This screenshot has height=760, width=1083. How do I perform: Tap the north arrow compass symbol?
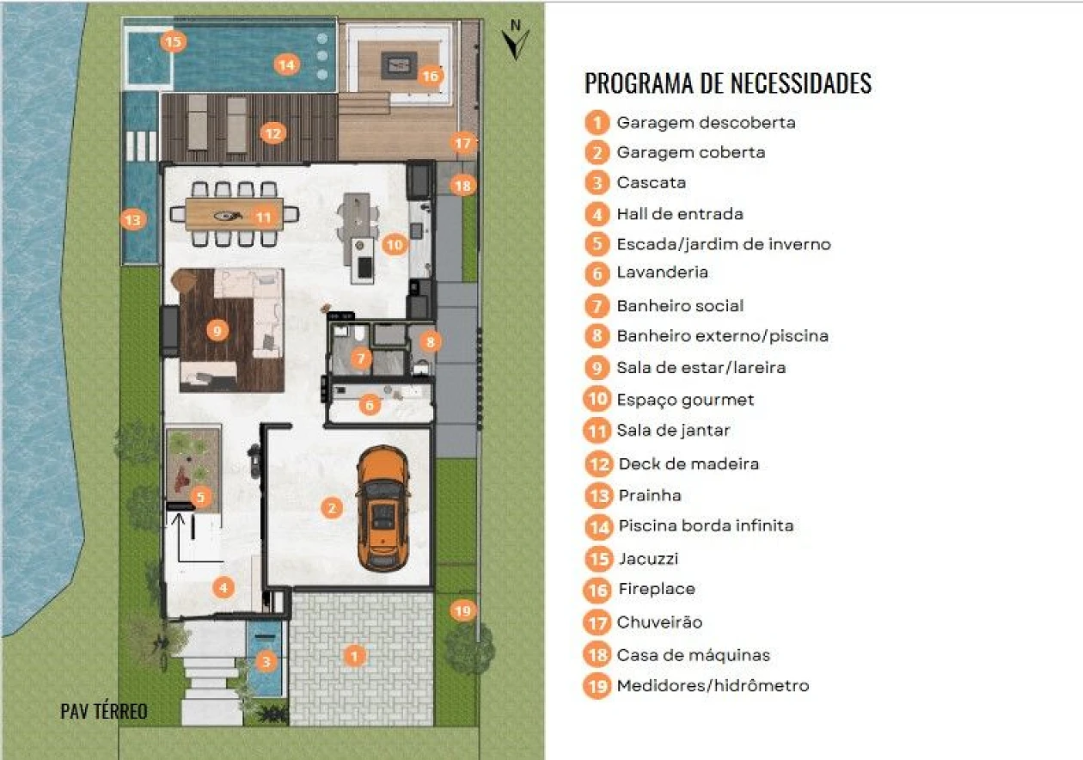pyautogui.click(x=516, y=40)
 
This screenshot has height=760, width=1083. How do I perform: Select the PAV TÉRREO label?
pyautogui.click(x=104, y=712)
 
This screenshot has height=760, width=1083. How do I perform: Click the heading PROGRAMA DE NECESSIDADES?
pyautogui.click(x=728, y=83)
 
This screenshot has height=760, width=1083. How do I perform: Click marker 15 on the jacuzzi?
pyautogui.click(x=173, y=41)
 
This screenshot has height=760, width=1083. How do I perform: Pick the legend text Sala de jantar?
pyautogui.click(x=673, y=430)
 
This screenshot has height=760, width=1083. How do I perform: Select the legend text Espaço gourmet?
pyautogui.click(x=685, y=400)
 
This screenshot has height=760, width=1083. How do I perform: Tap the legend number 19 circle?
pyautogui.click(x=597, y=686)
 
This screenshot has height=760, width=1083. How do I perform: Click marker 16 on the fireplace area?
pyautogui.click(x=431, y=77)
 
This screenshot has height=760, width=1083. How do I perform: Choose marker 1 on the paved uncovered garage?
pyautogui.click(x=353, y=656)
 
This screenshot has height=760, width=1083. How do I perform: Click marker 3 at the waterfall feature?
pyautogui.click(x=267, y=661)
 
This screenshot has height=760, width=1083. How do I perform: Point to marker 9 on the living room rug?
pyautogui.click(x=217, y=329)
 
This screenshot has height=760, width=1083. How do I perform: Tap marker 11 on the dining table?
pyautogui.click(x=263, y=217)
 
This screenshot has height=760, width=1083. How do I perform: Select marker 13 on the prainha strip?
pyautogui.click(x=132, y=221)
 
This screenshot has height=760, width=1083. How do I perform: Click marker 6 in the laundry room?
pyautogui.click(x=370, y=404)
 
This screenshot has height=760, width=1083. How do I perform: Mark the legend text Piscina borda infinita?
pyautogui.click(x=706, y=525)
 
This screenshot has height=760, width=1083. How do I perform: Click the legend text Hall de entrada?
pyautogui.click(x=680, y=213)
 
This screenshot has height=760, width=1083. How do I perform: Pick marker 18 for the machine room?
pyautogui.click(x=462, y=185)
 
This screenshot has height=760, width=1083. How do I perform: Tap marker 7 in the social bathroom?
pyautogui.click(x=361, y=357)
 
